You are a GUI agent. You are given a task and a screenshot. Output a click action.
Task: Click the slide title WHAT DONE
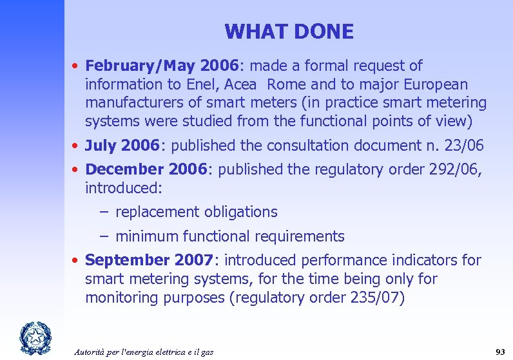(289, 32)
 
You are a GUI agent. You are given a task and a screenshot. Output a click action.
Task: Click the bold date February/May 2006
(161, 66)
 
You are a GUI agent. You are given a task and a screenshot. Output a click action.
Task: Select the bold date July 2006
(122, 146)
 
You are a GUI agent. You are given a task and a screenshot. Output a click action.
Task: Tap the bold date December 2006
(146, 169)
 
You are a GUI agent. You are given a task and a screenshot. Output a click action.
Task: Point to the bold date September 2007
(149, 260)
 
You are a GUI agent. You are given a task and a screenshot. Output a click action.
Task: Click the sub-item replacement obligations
(197, 212)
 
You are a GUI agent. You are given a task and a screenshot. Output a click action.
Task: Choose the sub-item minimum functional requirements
(229, 236)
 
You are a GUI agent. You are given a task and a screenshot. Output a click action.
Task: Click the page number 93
(499, 352)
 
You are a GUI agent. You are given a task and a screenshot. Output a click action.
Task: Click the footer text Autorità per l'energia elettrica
(143, 352)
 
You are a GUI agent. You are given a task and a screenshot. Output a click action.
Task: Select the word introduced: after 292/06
(124, 188)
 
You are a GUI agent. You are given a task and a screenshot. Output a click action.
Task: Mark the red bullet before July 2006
(75, 146)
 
